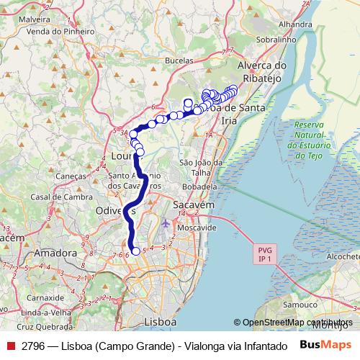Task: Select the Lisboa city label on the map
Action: pos(160,321)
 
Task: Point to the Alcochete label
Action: pos(343,255)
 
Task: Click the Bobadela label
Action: pos(198,186)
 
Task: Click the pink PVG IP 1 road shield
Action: pos(264,253)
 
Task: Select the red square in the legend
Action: pos(10,346)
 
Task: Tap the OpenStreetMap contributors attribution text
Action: pos(295,323)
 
